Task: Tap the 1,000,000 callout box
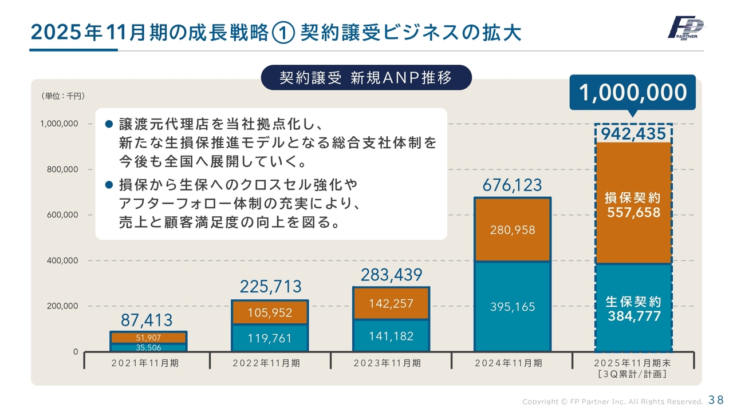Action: (632, 92)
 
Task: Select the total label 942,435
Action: (633, 133)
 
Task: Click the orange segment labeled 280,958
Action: (513, 230)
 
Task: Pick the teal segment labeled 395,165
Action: (513, 307)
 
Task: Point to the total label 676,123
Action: (513, 185)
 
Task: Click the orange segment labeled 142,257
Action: (391, 303)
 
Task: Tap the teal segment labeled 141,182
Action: (391, 336)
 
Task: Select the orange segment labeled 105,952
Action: (270, 312)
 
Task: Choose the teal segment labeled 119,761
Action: (270, 338)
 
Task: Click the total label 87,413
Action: (147, 320)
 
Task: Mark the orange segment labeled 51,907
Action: (148, 338)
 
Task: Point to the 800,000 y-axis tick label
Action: (59, 169)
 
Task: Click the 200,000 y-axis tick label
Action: (59, 306)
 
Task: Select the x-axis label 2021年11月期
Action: (147, 363)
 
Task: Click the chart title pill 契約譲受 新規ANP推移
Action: (366, 77)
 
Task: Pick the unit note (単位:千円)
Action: (63, 96)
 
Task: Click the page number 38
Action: (716, 399)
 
